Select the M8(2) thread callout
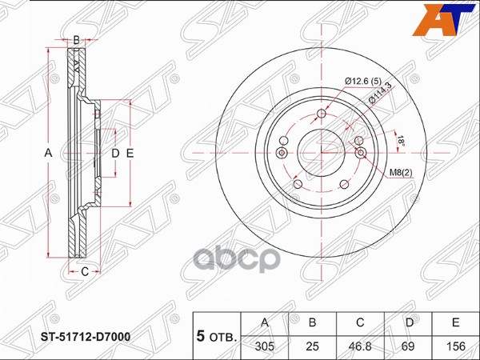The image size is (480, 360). point(401,172)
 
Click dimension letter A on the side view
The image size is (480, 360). point(47,152)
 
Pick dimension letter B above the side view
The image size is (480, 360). point(76,39)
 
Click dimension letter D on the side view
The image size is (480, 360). point(114,152)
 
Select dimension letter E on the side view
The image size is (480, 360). point(129,152)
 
